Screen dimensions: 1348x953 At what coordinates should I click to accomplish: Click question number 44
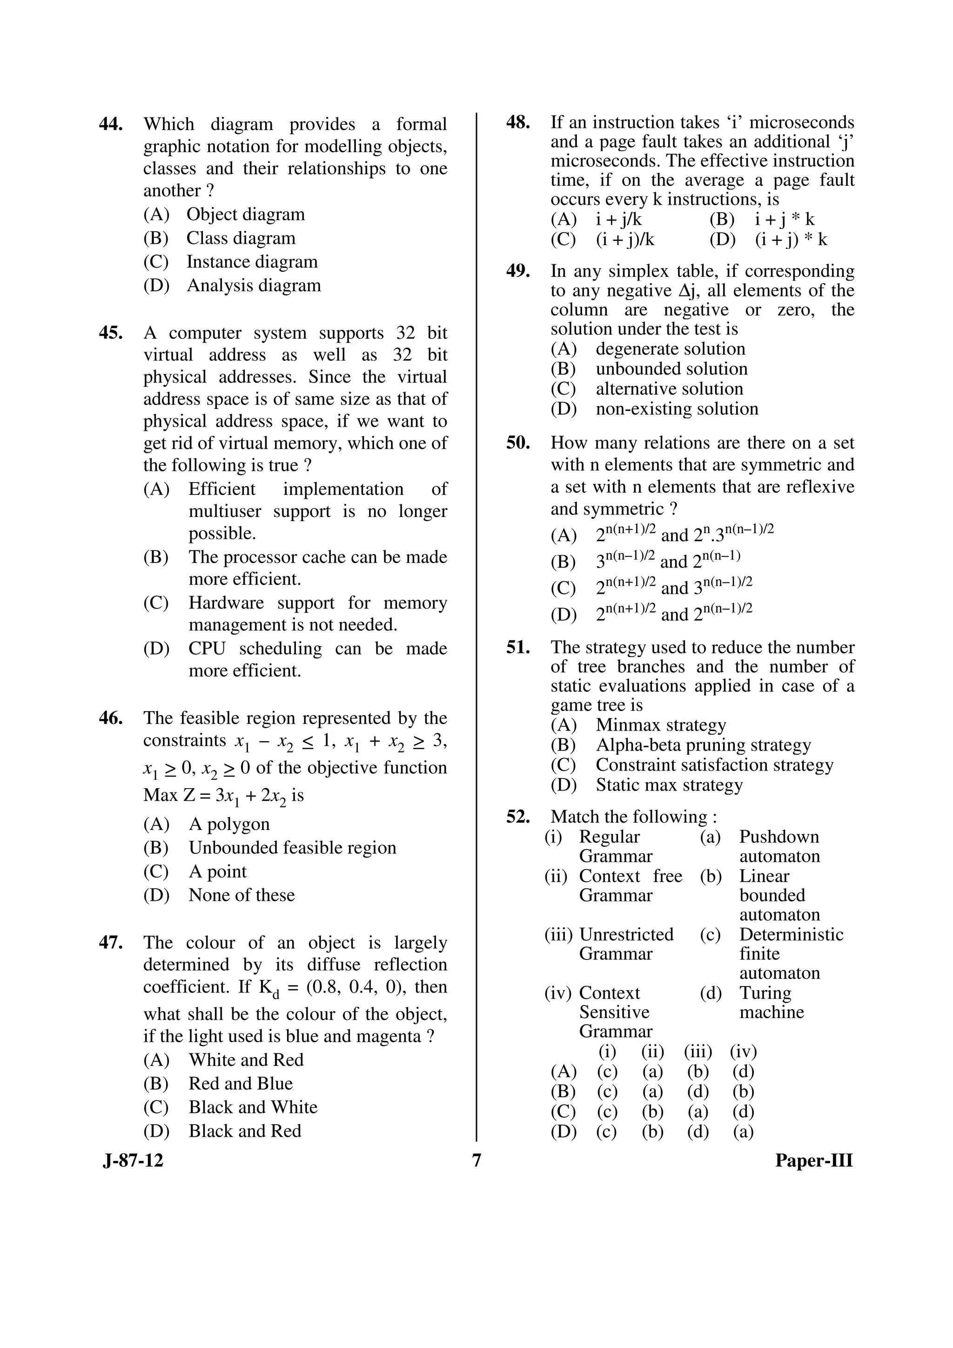[110, 124]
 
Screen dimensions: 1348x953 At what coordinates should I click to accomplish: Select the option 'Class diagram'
[241, 238]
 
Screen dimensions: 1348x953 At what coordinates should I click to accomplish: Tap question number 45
[110, 333]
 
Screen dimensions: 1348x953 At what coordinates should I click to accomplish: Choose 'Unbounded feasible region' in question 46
[292, 848]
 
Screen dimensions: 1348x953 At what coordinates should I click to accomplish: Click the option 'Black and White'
[253, 1107]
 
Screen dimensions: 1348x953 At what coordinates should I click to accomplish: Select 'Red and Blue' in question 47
[240, 1084]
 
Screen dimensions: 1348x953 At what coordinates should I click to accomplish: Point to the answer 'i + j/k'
[618, 220]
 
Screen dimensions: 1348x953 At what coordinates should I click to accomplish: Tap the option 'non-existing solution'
[677, 409]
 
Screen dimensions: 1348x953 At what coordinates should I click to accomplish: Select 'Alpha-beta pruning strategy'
[703, 745]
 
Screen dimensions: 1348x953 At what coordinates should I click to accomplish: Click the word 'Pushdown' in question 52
[779, 837]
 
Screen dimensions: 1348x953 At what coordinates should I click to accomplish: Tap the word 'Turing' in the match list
[765, 993]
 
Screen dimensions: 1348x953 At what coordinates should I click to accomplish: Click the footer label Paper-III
[813, 1161]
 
